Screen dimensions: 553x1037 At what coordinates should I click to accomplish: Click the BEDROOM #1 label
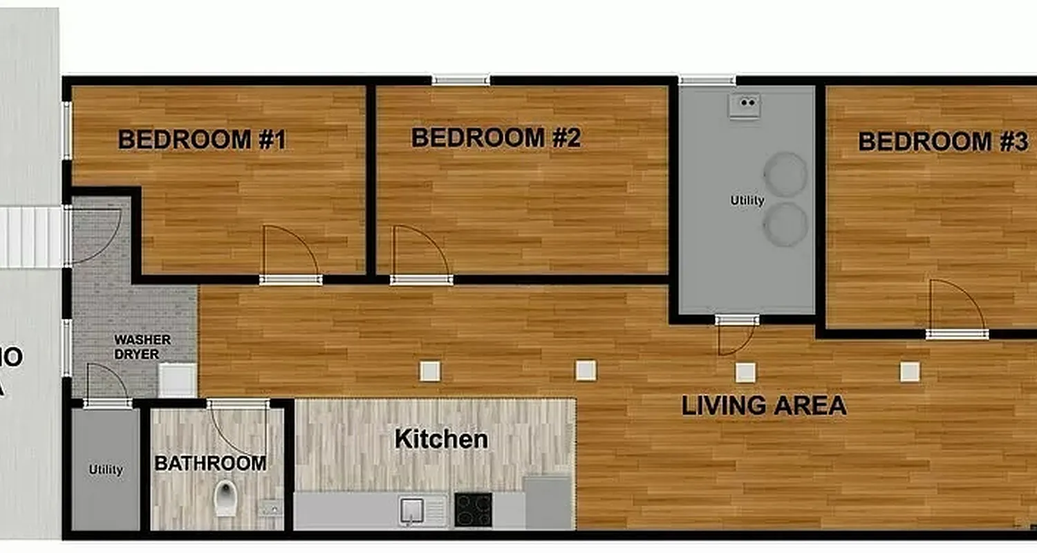coord(202,140)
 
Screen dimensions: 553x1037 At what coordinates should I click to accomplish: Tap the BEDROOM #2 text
coord(496,138)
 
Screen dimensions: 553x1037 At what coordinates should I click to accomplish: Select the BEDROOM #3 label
coord(943,142)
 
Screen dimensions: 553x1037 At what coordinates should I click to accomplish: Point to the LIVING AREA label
coord(764,406)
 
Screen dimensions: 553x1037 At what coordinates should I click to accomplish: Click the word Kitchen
coord(441,439)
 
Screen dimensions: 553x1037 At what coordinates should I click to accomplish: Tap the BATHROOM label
coord(210,463)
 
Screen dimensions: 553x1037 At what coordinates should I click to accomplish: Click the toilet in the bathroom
coord(225,498)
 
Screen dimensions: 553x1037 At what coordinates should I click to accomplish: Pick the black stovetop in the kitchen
coord(473,509)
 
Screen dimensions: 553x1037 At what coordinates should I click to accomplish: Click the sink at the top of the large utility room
coord(745,106)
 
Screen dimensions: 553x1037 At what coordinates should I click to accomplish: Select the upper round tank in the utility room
coord(786,174)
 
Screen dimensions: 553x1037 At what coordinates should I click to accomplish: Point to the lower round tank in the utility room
coord(786,224)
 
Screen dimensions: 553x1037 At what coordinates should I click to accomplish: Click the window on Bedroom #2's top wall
coord(461,80)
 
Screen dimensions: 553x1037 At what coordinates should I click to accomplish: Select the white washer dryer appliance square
coord(177,379)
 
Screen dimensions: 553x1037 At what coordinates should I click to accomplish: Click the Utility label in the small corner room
coord(106,470)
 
